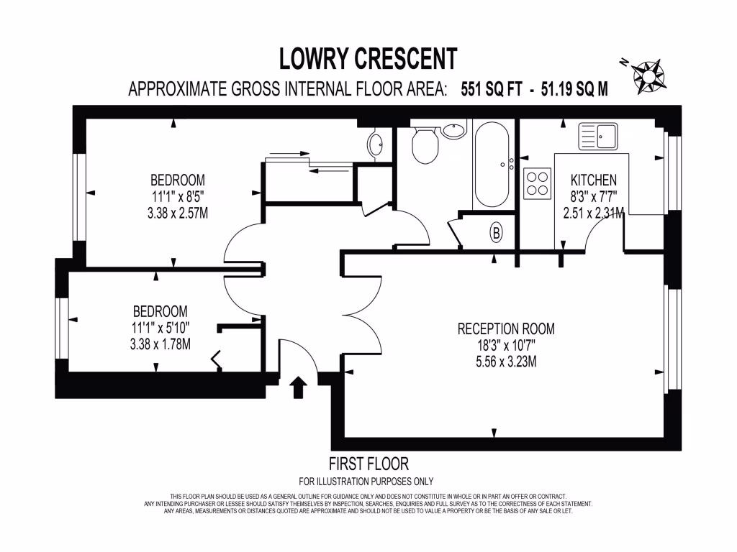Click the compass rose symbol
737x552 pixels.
[650, 75]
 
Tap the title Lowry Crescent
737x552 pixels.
[368, 58]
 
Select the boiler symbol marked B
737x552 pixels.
[496, 232]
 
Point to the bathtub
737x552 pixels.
[492, 163]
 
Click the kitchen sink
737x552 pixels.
[598, 134]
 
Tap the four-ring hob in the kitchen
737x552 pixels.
[537, 182]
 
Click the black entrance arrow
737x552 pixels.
[297, 388]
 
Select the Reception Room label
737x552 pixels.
[506, 329]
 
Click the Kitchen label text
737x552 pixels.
[593, 180]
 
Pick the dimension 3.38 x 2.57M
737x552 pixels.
[177, 212]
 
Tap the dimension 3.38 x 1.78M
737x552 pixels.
[160, 344]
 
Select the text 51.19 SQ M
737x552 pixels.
[572, 89]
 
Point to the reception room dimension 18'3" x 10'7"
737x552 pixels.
[506, 345]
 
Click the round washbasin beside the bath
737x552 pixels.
[454, 130]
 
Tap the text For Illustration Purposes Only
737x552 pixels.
[366, 482]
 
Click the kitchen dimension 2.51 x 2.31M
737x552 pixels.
[593, 212]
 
